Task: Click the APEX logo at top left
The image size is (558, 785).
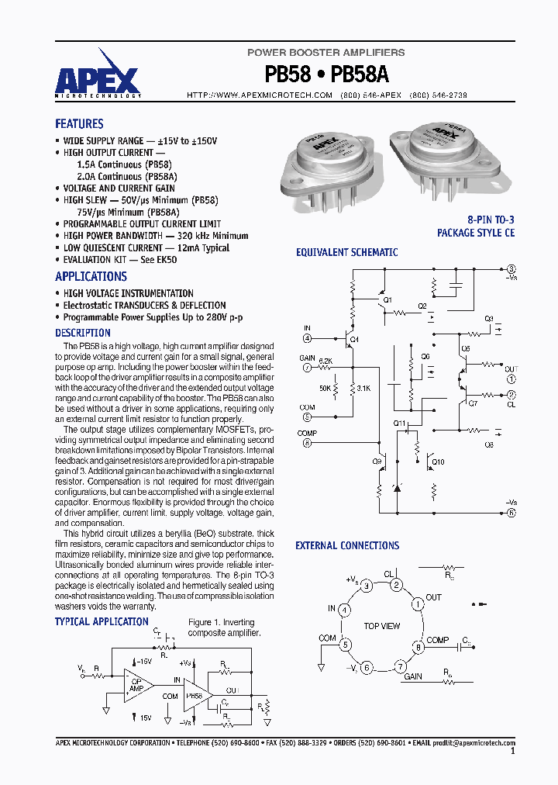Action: pyautogui.click(x=97, y=80)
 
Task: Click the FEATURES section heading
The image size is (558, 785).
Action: pyautogui.click(x=79, y=124)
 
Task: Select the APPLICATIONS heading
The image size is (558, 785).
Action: pyautogui.click(x=91, y=277)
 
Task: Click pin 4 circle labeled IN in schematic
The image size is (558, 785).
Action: pyautogui.click(x=307, y=338)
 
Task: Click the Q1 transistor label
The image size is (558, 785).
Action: pyautogui.click(x=387, y=299)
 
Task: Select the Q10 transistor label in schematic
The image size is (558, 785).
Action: pyautogui.click(x=439, y=462)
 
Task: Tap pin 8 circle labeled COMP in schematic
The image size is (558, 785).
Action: pyautogui.click(x=307, y=443)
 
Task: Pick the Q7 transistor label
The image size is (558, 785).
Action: pyautogui.click(x=474, y=403)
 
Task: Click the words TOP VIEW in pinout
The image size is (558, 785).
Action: pyautogui.click(x=382, y=626)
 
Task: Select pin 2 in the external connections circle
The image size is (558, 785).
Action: pyautogui.click(x=396, y=585)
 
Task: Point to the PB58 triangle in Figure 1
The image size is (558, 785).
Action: pyautogui.click(x=196, y=696)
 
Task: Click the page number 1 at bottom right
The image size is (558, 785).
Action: pyautogui.click(x=512, y=751)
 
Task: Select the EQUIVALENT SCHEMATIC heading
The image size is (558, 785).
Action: pyautogui.click(x=347, y=252)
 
